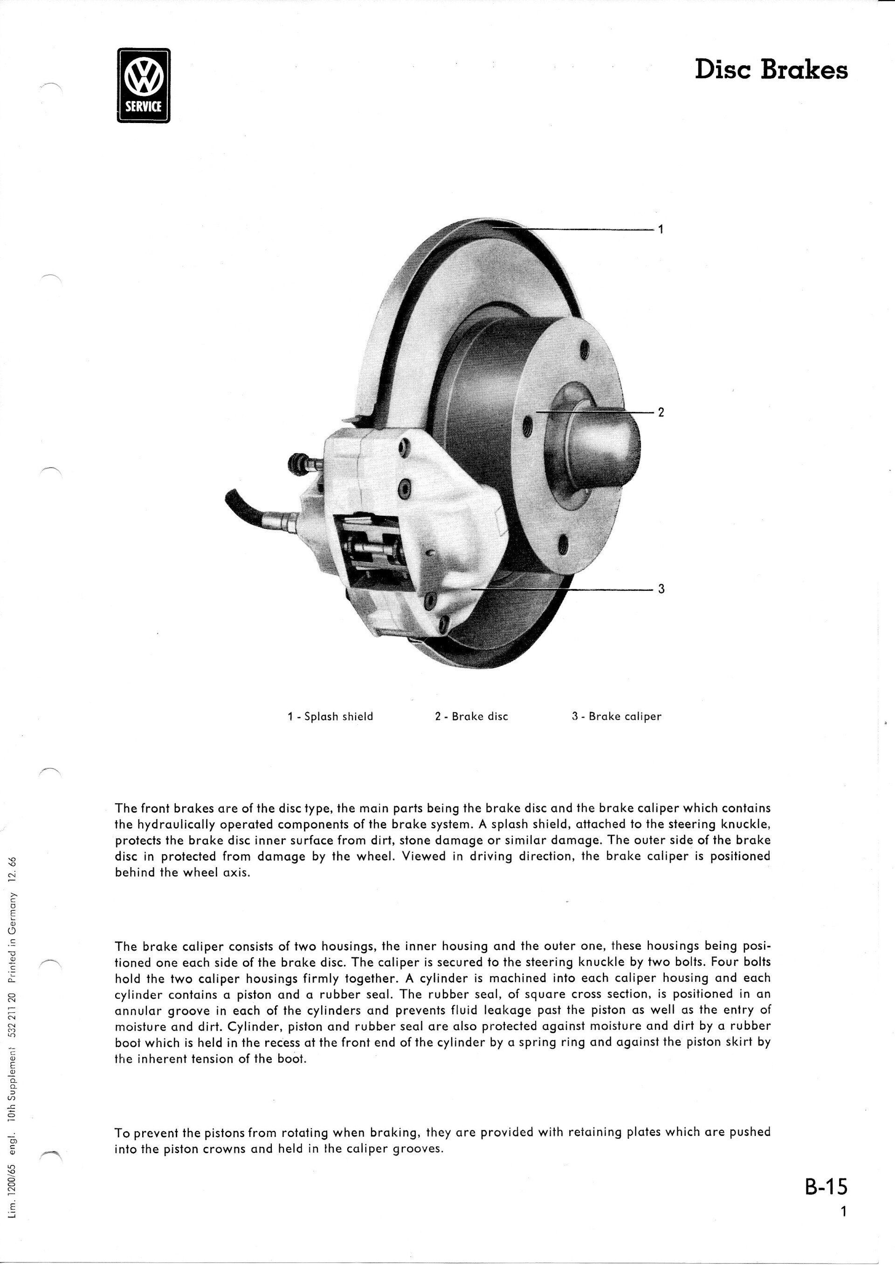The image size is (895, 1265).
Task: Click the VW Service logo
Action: [x=145, y=85]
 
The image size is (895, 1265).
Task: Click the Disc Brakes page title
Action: [x=771, y=70]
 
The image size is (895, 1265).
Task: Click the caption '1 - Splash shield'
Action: [x=330, y=717]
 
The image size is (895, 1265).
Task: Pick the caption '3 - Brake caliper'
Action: [x=617, y=717]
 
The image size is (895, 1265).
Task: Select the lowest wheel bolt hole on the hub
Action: [x=563, y=546]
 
